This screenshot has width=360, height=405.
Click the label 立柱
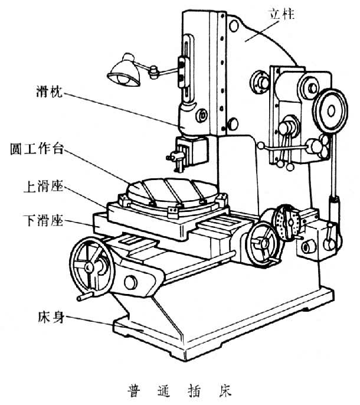point(282,14)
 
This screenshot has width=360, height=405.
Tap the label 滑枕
point(50,91)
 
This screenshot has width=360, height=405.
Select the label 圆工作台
point(37,149)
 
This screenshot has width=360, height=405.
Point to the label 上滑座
point(44,186)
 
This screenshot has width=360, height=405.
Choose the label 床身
point(51,317)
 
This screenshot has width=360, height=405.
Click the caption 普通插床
point(179,391)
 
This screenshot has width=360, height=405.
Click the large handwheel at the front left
point(92,265)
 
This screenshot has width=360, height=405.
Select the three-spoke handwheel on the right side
point(262,243)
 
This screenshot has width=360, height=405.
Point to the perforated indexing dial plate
point(286,223)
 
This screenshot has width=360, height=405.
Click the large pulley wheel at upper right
point(330,110)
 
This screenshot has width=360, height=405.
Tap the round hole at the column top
point(234,26)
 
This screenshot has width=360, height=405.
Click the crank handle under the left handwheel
point(85,296)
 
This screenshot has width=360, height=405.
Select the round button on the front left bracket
point(130,282)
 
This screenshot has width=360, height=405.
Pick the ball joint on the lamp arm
point(153,72)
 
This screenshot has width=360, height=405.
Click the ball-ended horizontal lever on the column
point(284,147)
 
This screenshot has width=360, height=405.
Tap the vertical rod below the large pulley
point(333,165)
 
